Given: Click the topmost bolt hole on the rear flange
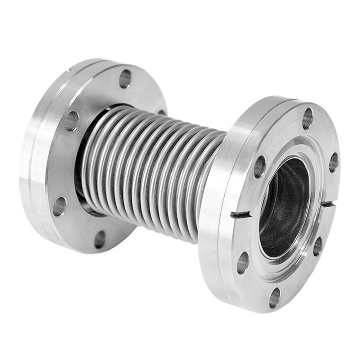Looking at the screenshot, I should tap(125, 79).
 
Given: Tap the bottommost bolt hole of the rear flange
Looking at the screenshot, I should tap(100, 239).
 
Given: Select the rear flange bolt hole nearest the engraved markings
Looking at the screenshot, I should tap(59, 206).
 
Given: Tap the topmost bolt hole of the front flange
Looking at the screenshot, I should tap(307, 118).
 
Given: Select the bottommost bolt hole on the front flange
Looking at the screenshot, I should tap(275, 298).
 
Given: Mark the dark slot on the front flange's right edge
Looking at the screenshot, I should tap(328, 204).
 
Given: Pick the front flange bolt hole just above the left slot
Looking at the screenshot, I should tap(260, 167).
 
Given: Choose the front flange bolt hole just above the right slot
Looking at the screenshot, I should tap(334, 162).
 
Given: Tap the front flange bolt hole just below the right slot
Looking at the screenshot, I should tap(318, 246).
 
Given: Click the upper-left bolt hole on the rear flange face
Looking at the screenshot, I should tap(71, 121).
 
